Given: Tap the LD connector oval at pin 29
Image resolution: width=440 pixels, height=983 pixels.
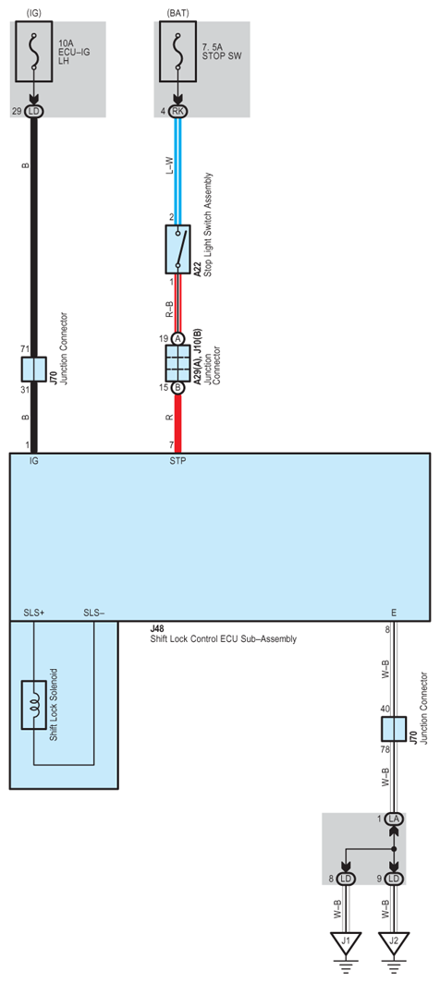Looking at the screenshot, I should [35, 111].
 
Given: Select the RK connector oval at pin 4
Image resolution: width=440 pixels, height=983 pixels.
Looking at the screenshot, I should [177, 112].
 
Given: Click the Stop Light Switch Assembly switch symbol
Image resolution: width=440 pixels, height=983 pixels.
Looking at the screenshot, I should [177, 249].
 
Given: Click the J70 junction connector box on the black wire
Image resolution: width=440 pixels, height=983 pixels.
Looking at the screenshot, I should [35, 370].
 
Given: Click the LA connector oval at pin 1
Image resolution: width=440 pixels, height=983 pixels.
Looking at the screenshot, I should [394, 819].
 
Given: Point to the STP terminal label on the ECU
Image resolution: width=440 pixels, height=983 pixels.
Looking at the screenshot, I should [177, 460].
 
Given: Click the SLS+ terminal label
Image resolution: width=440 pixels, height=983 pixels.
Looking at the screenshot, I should [34, 613].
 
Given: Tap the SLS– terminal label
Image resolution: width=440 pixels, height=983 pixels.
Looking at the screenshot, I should [94, 613].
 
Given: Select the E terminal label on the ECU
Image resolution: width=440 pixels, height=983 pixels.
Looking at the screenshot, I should [395, 613].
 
